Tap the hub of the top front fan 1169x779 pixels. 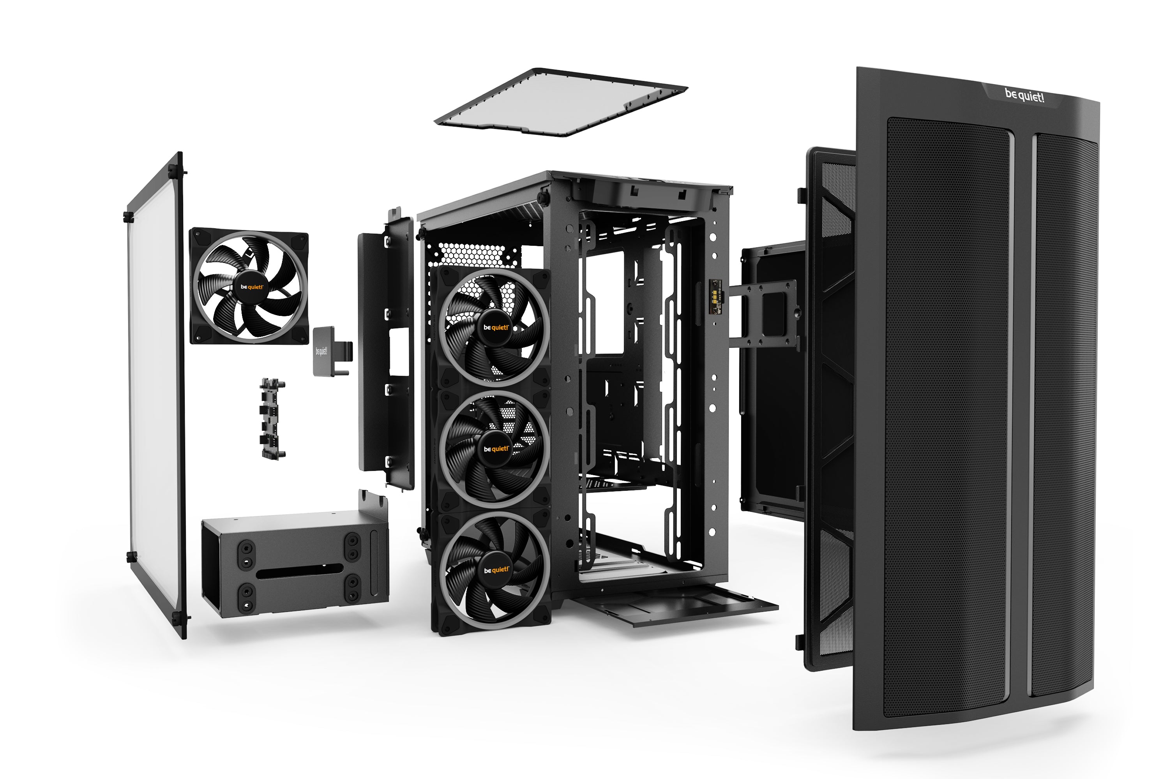496,328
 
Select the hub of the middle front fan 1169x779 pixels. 496,449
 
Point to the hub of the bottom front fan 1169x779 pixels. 496,569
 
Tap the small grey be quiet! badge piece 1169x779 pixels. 323,351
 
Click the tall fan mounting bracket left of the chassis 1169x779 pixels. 385,348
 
